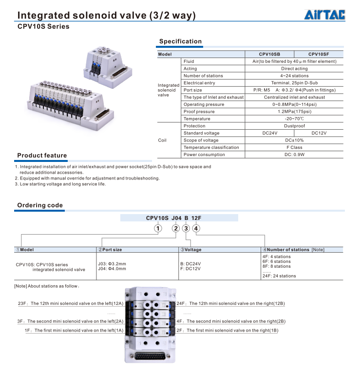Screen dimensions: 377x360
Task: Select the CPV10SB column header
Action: tap(269, 54)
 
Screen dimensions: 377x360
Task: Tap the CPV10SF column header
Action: tap(319, 54)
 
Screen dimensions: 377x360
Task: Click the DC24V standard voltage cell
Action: tap(269, 133)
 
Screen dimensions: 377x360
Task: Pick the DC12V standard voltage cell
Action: tap(319, 133)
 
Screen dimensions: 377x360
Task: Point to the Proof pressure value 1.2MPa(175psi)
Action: tap(294, 112)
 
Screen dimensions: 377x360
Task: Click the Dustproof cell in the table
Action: tap(294, 126)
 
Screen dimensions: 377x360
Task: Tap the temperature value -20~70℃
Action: tap(294, 119)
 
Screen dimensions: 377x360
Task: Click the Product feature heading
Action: tap(42, 156)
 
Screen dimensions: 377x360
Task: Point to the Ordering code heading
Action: tap(40, 205)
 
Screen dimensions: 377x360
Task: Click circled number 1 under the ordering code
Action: tap(157, 228)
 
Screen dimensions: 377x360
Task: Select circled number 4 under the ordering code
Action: tap(195, 228)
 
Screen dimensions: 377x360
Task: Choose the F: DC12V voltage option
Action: tap(190, 269)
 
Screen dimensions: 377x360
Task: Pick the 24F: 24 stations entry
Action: tap(279, 276)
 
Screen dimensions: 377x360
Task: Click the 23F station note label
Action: tap(22, 303)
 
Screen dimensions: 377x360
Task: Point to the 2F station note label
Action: tap(180, 331)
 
